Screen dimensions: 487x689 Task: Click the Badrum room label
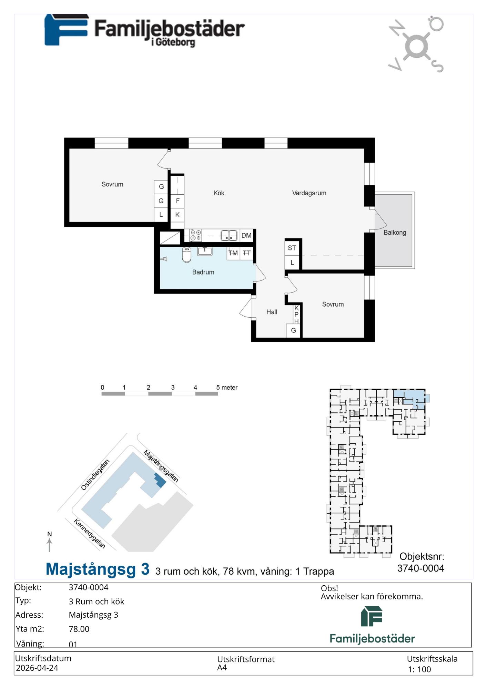point(203,272)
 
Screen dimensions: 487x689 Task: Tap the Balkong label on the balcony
point(395,233)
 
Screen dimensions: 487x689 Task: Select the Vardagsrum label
point(309,193)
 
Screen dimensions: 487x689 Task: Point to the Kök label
point(219,193)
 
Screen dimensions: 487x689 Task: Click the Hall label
point(272,312)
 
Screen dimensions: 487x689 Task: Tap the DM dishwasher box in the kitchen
point(246,236)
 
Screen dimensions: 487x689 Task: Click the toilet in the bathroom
point(186,255)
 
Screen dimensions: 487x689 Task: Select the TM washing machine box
point(233,253)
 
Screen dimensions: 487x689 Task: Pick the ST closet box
point(292,248)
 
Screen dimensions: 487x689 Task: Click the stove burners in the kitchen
point(196,235)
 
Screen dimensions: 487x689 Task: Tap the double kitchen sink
point(229,235)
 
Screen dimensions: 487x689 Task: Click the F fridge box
point(177,201)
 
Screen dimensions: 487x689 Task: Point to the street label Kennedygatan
point(89,534)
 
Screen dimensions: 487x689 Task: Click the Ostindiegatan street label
point(95,474)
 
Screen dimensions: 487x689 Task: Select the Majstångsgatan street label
point(161,466)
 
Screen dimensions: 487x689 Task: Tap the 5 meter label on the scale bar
point(227,388)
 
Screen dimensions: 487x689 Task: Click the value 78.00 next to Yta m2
point(79,629)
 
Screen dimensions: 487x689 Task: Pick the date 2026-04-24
point(37,668)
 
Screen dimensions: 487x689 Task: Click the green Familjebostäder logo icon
point(372,617)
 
